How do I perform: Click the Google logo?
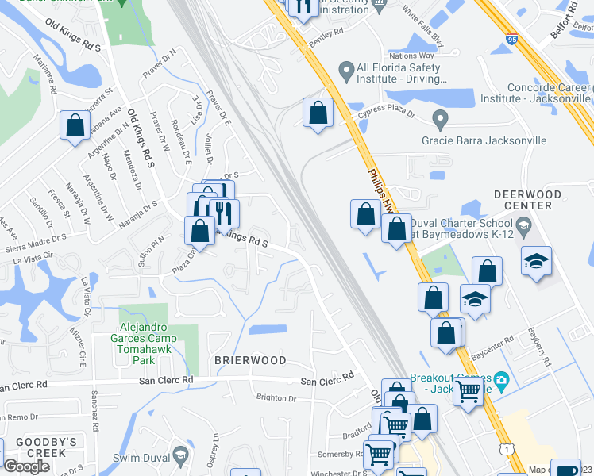pyautogui.click(x=26, y=466)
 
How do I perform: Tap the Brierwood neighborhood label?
pyautogui.click(x=250, y=360)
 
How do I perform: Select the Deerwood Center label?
pyautogui.click(x=523, y=200)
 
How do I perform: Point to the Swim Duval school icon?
pyautogui.click(x=180, y=455)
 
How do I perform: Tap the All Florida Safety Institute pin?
pyautogui.click(x=345, y=72)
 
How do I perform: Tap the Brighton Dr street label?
pyautogui.click(x=276, y=397)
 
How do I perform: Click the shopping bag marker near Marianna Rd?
pyautogui.click(x=75, y=125)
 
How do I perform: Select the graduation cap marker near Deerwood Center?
pyautogui.click(x=536, y=260)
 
